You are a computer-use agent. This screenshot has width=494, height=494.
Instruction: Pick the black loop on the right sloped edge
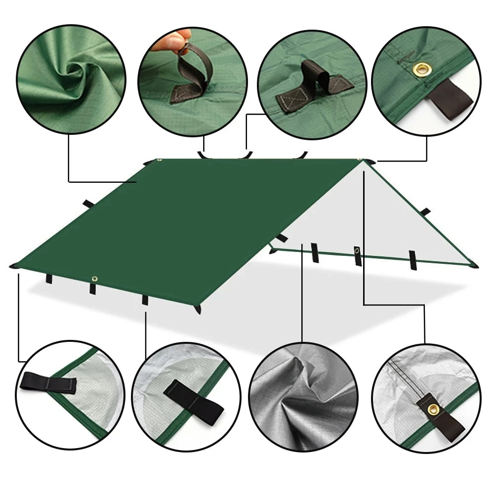coord(425,211)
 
